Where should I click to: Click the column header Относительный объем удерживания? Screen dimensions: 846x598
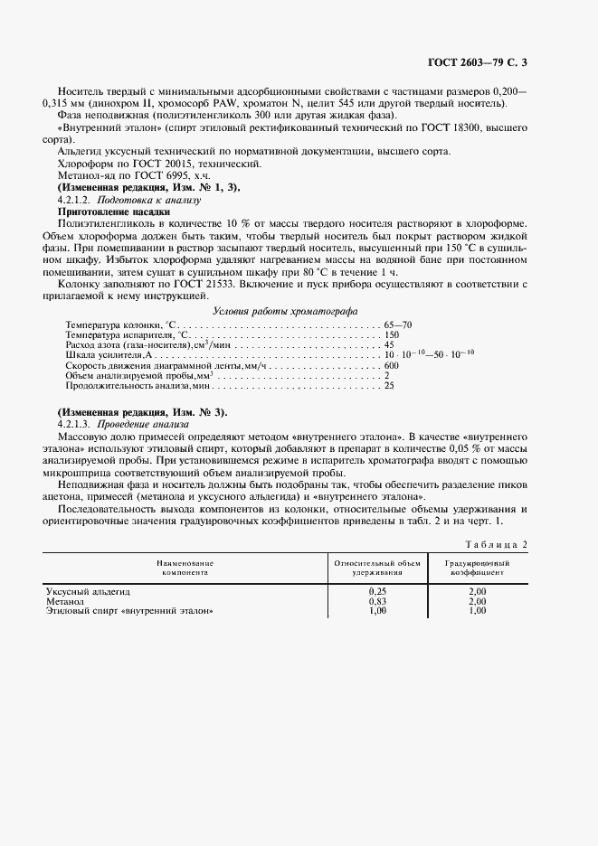(377, 568)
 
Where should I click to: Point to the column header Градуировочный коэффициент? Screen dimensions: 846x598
(479, 568)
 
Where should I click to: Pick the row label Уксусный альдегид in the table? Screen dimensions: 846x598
(89, 591)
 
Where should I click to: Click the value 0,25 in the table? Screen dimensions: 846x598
(377, 591)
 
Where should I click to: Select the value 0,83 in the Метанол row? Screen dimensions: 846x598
(377, 601)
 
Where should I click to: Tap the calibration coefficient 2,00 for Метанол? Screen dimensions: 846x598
(478, 601)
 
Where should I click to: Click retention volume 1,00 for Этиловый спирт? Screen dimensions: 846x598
(377, 611)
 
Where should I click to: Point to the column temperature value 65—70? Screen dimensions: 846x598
(399, 324)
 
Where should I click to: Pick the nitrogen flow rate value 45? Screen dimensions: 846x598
(389, 345)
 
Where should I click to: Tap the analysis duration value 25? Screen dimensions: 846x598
(389, 387)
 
